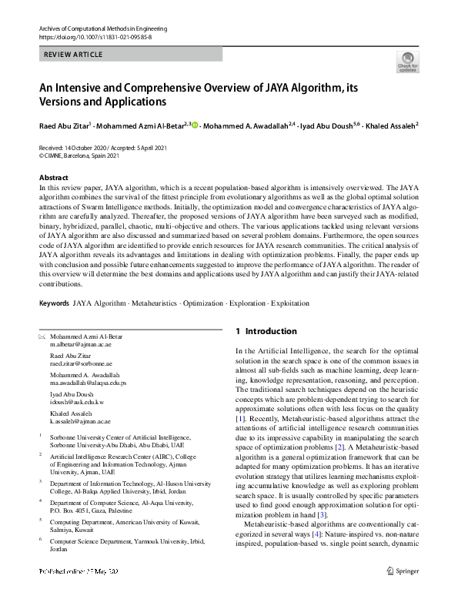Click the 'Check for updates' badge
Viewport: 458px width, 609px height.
point(407,62)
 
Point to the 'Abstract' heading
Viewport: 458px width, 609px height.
point(54,178)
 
